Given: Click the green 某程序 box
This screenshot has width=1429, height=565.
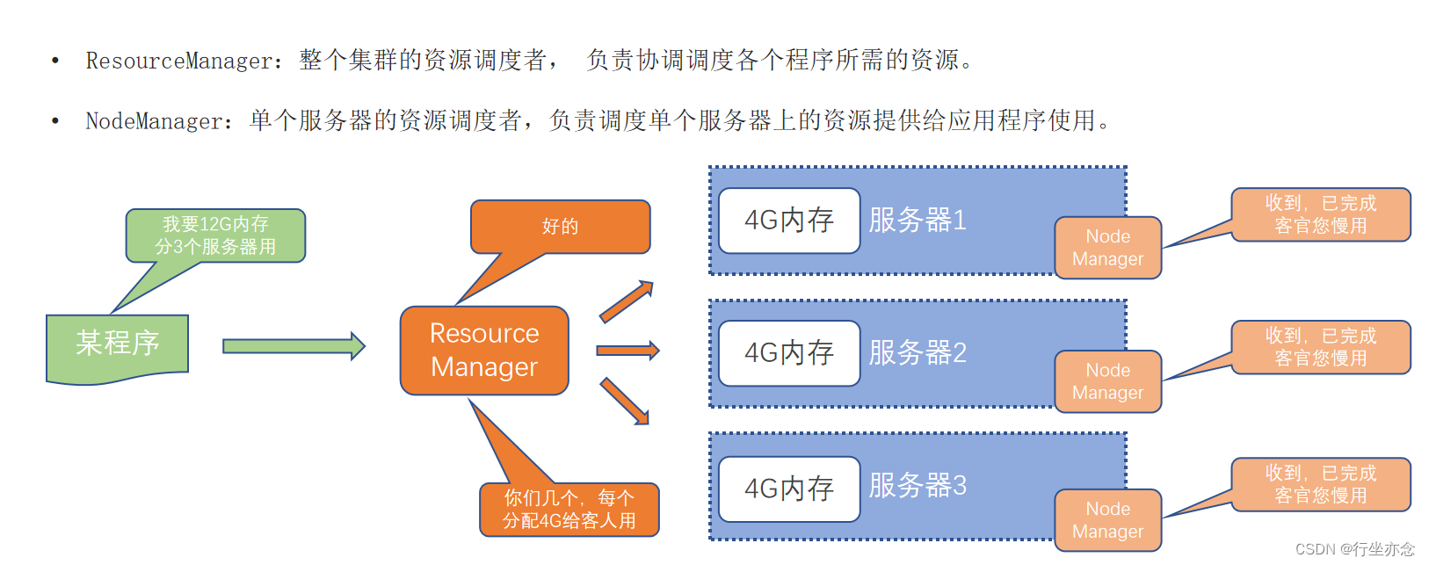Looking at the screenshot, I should pos(117,344).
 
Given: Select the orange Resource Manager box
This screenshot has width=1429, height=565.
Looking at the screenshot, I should pos(484,350).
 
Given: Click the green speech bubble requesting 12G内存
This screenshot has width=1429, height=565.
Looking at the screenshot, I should pos(215,235).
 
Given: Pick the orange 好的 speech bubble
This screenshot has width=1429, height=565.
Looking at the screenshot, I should pos(560,227).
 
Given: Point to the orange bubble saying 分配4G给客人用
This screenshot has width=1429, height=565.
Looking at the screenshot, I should pos(569,510).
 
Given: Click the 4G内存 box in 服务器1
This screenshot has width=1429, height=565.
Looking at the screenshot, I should pos(788,221).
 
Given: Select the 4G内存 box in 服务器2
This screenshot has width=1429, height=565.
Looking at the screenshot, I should pos(788,353).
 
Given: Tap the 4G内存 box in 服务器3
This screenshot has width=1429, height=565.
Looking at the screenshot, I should pos(788,489).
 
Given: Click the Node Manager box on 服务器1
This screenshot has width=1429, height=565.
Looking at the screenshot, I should pos(1107,248).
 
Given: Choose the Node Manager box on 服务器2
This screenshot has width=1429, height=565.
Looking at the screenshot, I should pos(1107,381).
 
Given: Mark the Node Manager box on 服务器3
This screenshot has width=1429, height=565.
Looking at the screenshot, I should pos(1107,520).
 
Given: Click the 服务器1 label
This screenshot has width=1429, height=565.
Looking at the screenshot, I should pos(918,221).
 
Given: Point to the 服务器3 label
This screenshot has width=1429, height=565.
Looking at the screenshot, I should pos(918,486).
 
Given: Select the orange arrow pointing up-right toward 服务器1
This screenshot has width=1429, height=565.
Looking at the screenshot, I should pos(627,301).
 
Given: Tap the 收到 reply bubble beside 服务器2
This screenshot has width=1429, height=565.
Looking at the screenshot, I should pos(1320,347).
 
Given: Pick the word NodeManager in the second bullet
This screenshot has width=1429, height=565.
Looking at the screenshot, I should pos(154,120).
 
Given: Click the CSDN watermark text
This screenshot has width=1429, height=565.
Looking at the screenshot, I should pos(1354,549).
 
